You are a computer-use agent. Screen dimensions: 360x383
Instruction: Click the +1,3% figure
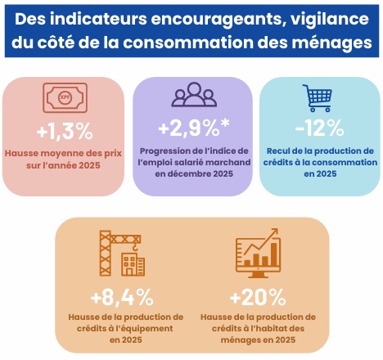[x=64, y=131]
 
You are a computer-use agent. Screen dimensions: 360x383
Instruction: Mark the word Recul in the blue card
[x=281, y=151]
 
